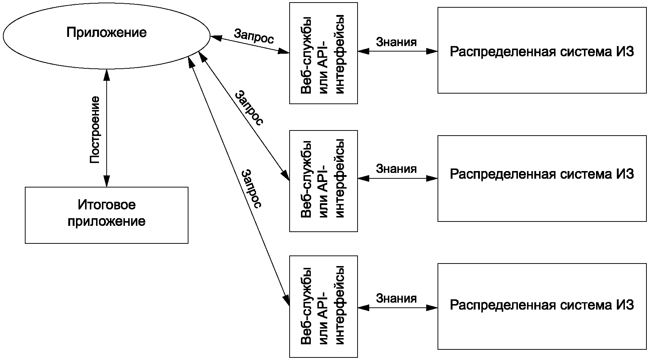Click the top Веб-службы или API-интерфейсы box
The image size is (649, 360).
323,53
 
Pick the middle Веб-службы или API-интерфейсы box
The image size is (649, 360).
323,181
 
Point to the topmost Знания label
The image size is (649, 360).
396,42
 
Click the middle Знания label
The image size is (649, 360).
396,169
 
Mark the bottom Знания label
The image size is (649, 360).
396,298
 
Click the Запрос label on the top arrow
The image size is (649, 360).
253,36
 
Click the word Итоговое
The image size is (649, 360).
106,205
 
